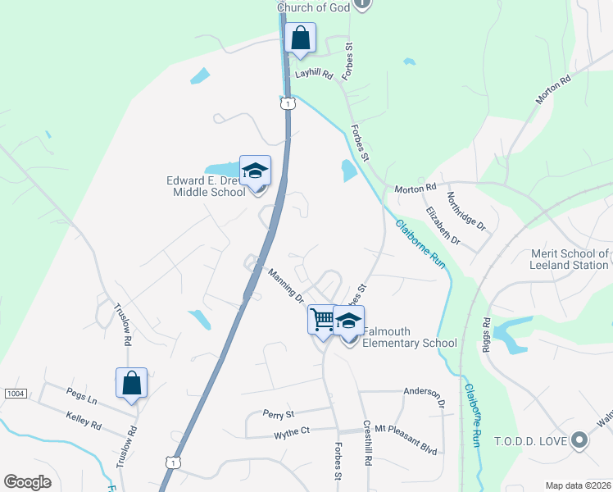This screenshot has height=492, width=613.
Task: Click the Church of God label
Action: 313,7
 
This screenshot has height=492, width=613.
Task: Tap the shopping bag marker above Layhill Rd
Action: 301,38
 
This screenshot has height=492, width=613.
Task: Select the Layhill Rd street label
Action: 315,74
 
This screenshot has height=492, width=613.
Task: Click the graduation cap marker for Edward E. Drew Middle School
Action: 255,171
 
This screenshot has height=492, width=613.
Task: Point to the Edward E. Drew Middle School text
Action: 207,186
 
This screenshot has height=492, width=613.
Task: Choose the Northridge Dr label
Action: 466,212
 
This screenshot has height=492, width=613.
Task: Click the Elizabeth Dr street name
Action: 443,225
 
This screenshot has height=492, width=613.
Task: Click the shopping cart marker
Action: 322,320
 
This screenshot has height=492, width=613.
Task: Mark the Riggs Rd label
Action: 485,333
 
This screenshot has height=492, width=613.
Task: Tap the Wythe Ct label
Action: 292,431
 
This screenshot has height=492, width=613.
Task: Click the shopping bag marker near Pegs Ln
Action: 131,383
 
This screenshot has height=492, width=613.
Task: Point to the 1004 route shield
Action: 16,394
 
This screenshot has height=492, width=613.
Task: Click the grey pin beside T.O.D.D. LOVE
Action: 579,440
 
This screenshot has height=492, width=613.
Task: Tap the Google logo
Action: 27,482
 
